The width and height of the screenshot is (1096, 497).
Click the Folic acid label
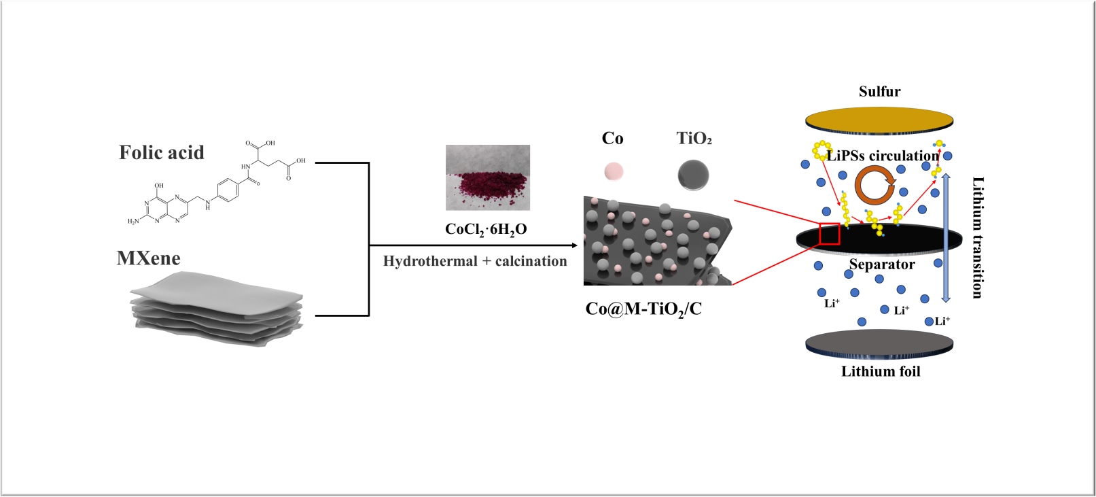(162, 152)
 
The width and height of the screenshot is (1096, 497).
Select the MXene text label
(148, 258)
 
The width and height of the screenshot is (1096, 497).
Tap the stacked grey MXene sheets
(216, 308)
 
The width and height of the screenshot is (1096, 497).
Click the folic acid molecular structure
(217, 184)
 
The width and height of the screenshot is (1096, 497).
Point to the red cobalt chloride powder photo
(487, 178)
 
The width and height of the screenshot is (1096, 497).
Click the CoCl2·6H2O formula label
(486, 230)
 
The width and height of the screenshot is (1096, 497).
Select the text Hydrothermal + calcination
(475, 261)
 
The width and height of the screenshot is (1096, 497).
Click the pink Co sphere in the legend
(614, 171)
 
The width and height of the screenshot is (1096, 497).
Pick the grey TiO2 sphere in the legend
(693, 175)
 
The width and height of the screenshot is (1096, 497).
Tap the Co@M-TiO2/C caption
(643, 309)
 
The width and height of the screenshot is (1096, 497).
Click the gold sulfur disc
(879, 120)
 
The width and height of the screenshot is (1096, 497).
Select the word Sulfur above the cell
(879, 92)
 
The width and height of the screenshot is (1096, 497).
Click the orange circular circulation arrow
(874, 186)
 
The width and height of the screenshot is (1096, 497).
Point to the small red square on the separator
(830, 233)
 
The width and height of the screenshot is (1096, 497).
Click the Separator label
(882, 264)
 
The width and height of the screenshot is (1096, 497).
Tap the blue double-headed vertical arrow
(946, 238)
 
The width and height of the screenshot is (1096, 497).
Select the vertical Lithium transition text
(977, 237)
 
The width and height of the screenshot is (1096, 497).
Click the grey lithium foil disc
(879, 343)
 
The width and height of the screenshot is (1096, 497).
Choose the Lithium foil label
(881, 371)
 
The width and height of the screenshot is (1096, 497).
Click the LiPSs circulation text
(883, 156)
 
